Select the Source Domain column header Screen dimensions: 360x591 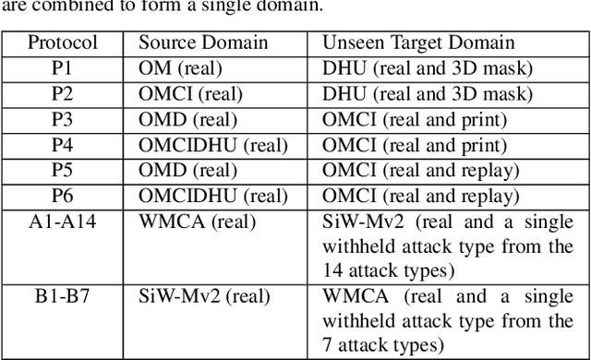[x=203, y=42]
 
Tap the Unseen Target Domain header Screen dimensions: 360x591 [x=418, y=42]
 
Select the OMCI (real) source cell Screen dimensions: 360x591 [x=190, y=94]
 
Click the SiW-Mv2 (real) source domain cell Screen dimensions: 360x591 [x=204, y=296]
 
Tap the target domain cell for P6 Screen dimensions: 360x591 [x=421, y=196]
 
